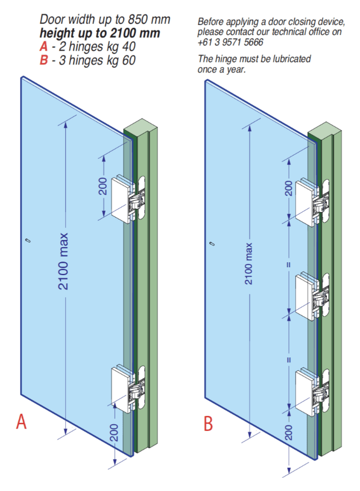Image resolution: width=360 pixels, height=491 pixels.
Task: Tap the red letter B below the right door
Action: [x=208, y=424]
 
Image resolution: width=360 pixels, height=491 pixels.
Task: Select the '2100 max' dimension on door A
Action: [x=64, y=261]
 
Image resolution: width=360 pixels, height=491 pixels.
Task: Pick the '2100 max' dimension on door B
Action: [x=249, y=263]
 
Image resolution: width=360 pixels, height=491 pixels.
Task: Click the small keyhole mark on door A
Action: [x=28, y=240]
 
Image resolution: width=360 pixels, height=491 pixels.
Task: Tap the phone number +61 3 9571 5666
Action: [x=231, y=42]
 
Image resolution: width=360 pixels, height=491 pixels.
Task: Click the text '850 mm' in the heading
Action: [x=150, y=21]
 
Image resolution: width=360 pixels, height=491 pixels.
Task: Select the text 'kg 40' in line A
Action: [x=122, y=47]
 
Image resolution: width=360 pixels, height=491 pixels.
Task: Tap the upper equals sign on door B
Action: [x=288, y=266]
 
